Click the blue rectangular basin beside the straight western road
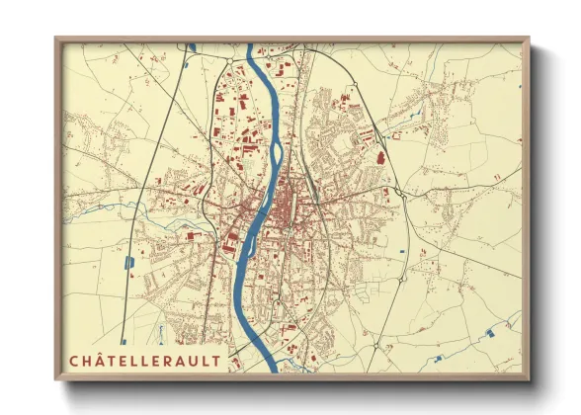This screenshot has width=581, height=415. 157,262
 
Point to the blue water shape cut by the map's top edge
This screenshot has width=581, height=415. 192,45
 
